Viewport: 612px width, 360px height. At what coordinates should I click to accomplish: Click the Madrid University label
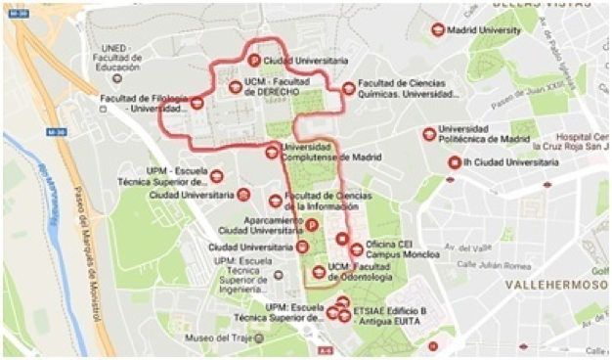(x=484, y=30)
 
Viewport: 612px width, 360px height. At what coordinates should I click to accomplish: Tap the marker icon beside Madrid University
(x=437, y=30)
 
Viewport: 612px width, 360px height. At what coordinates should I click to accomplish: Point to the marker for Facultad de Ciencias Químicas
(x=349, y=88)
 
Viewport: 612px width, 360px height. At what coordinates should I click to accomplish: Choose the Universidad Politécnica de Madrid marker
(x=429, y=134)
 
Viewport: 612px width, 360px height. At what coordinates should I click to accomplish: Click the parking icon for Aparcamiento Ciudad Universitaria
(x=312, y=224)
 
